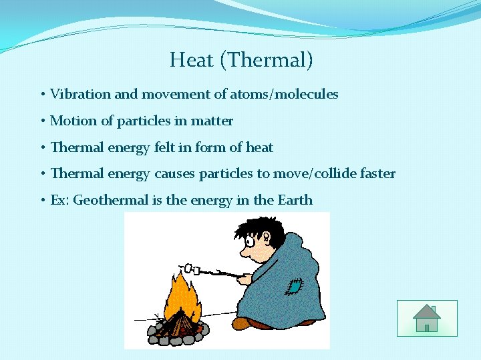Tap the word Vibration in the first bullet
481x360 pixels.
[80, 94]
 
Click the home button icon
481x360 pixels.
[426, 318]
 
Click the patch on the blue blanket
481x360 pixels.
[292, 286]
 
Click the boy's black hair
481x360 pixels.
[257, 227]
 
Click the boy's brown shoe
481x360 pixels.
[242, 323]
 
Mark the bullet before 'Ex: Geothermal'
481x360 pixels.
[42, 200]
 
